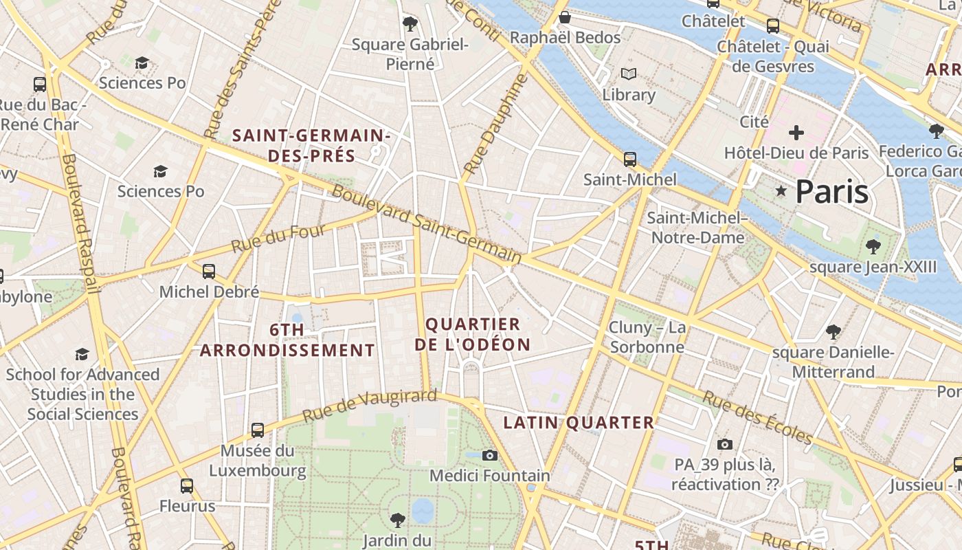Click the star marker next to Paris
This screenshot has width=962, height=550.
pyautogui.click(x=781, y=191)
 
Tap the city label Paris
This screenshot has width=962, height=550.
pyautogui.click(x=831, y=192)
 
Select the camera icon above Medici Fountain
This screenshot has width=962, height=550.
pyautogui.click(x=489, y=455)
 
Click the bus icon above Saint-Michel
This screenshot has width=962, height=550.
pyautogui.click(x=629, y=159)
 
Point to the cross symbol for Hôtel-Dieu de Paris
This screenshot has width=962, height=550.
pyautogui.click(x=796, y=132)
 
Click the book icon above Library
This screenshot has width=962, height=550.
pyautogui.click(x=628, y=74)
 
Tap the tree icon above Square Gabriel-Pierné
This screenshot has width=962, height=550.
pyautogui.click(x=410, y=24)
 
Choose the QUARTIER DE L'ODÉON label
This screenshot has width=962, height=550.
pyautogui.click(x=473, y=334)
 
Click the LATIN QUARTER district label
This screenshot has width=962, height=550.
pyautogui.click(x=579, y=423)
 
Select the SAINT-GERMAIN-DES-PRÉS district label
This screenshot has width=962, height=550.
pyautogui.click(x=312, y=146)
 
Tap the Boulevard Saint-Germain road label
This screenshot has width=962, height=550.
pyautogui.click(x=426, y=223)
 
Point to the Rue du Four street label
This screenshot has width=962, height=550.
pyautogui.click(x=278, y=237)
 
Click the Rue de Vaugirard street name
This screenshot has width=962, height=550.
pyautogui.click(x=369, y=406)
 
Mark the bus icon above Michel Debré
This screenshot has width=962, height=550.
pyautogui.click(x=209, y=272)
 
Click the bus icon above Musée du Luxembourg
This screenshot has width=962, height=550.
pyautogui.click(x=258, y=430)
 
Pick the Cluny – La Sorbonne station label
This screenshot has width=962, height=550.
pyautogui.click(x=647, y=337)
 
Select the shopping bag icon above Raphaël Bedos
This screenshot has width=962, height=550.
pyautogui.click(x=565, y=16)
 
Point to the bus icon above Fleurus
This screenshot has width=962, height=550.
pyautogui.click(x=187, y=486)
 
